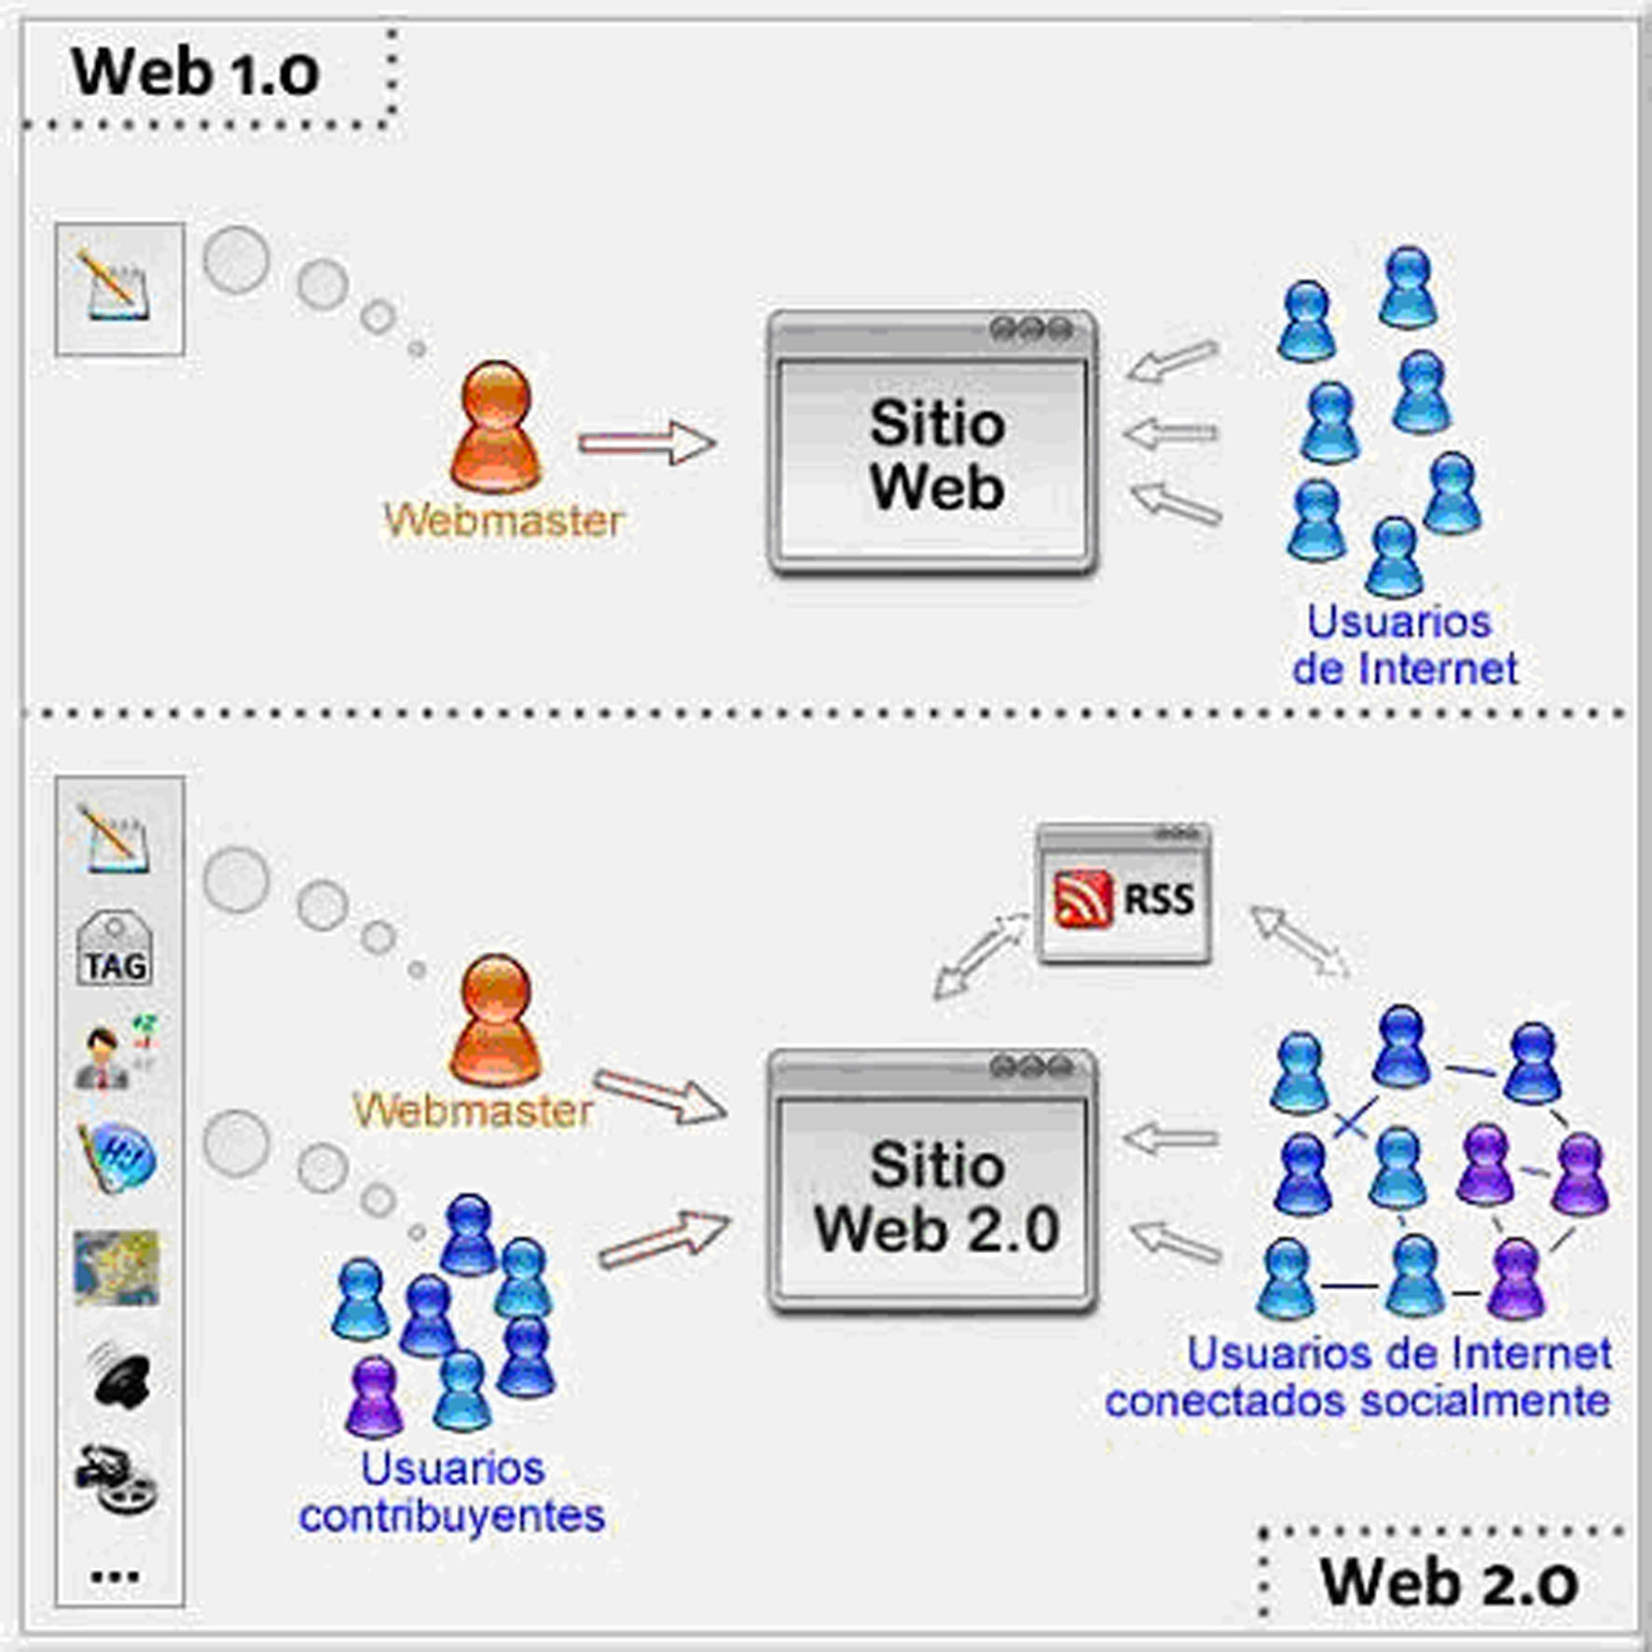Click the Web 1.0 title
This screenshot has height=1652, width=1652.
click(195, 73)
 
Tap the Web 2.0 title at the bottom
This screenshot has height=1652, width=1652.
click(1448, 1582)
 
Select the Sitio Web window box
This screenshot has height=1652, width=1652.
click(932, 443)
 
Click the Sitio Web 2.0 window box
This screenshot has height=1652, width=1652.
click(932, 1182)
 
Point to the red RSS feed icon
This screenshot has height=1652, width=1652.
click(1082, 899)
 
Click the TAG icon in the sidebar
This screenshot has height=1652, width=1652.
click(115, 948)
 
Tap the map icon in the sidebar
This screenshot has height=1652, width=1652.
click(117, 1267)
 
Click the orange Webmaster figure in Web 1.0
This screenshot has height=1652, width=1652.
click(496, 428)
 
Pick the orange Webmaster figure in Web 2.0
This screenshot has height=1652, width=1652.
click(495, 1021)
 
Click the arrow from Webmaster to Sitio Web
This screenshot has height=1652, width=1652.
click(647, 442)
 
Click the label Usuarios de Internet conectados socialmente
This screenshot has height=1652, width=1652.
click(1358, 1377)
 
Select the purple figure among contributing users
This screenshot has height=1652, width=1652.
click(374, 1397)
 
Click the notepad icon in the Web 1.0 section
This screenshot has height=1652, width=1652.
click(115, 286)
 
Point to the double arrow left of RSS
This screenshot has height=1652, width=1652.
click(980, 957)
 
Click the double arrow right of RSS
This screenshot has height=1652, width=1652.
click(1299, 942)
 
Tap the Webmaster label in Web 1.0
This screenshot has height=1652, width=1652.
click(503, 520)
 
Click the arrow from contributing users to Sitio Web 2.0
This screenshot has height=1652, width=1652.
click(664, 1239)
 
